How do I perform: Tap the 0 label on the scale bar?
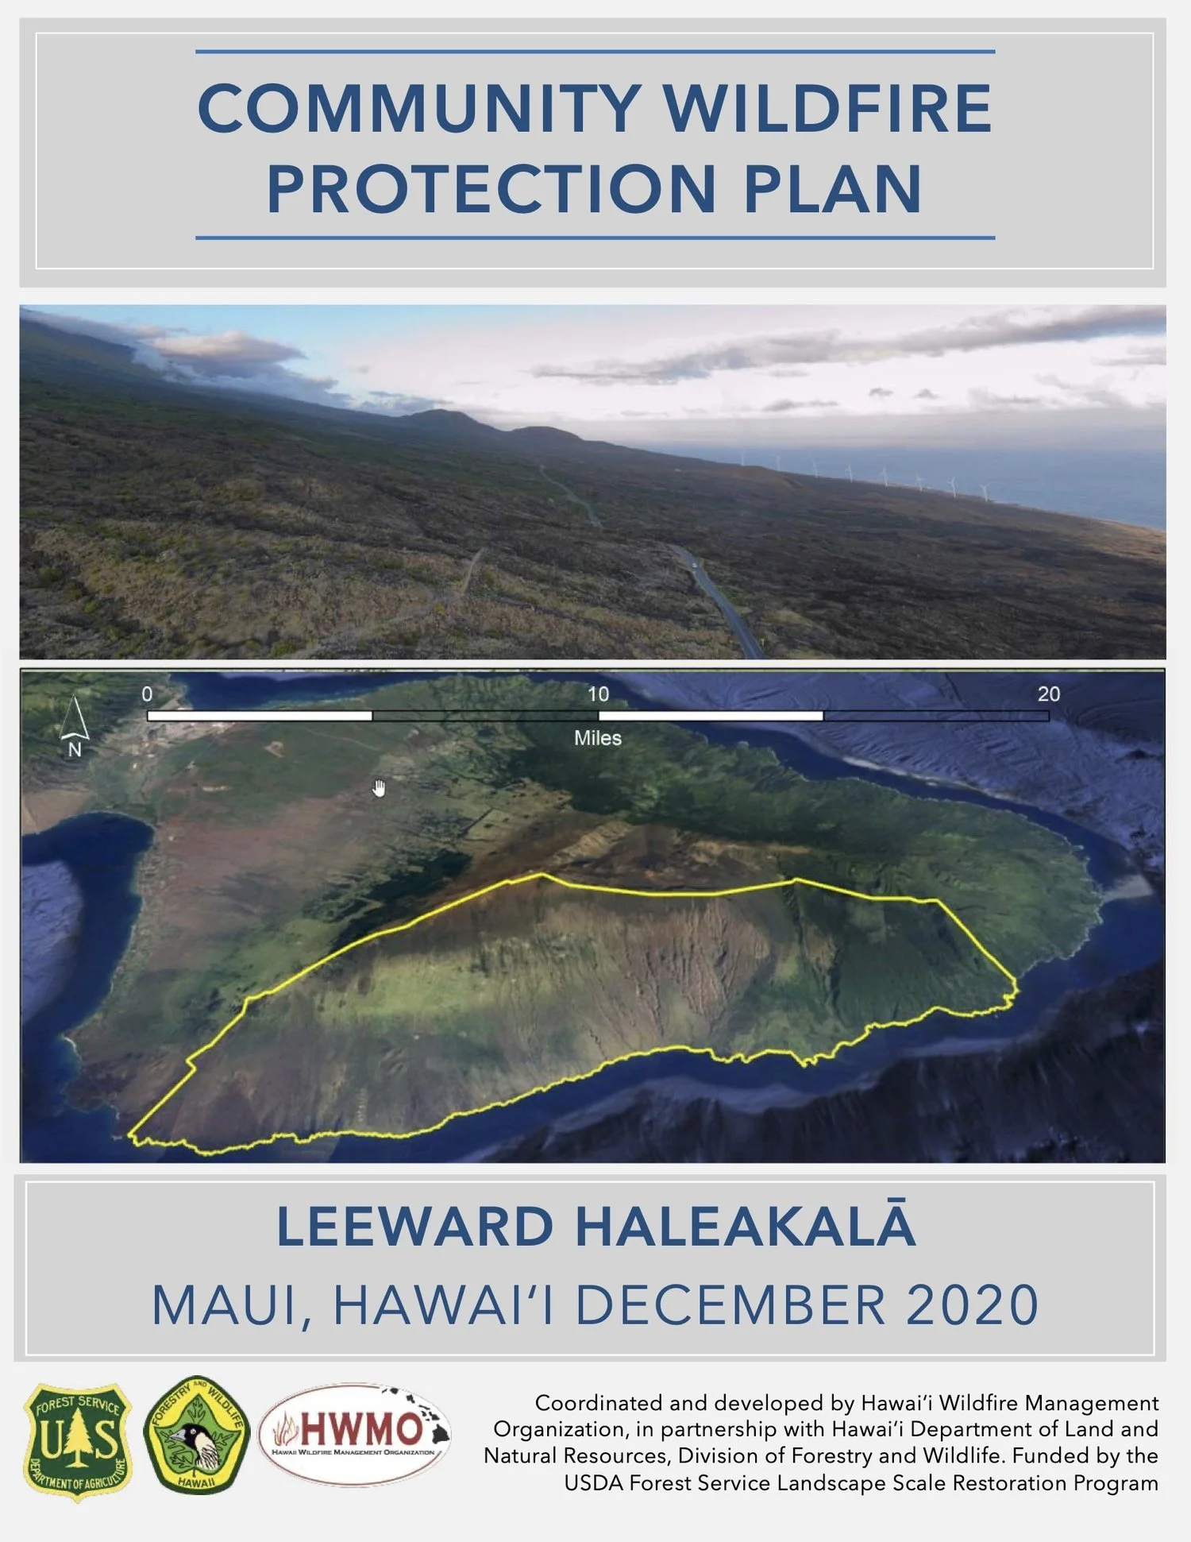pos(147,694)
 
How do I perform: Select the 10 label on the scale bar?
pos(598,694)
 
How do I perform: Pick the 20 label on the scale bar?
pos(1048,694)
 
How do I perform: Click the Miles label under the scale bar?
pos(598,738)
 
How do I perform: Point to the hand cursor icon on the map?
pos(380,788)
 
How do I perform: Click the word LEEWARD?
pos(414,1227)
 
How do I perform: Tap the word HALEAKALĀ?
pos(746,1227)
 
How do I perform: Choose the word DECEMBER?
pos(730,1306)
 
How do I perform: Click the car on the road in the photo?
pos(696,565)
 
